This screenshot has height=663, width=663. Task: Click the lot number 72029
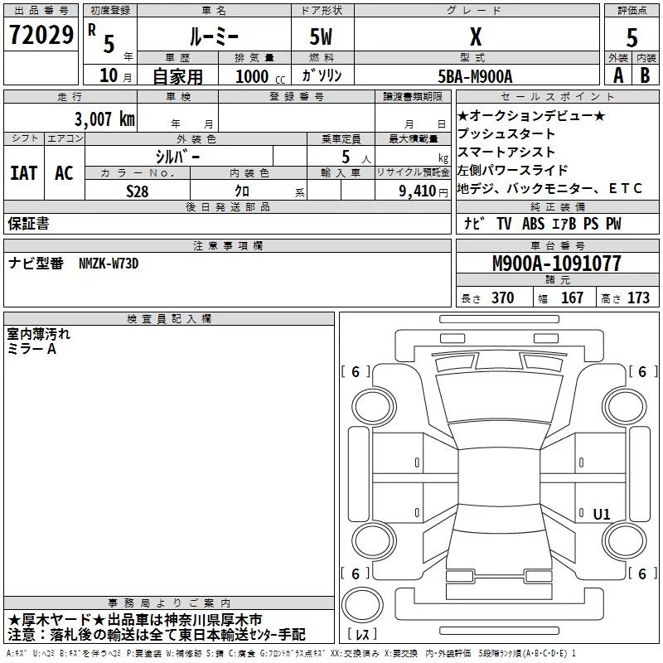click(41, 36)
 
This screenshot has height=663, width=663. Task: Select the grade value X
click(475, 36)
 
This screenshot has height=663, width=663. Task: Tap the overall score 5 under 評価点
click(632, 37)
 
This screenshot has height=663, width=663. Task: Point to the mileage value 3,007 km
click(104, 119)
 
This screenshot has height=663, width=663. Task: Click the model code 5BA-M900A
click(475, 75)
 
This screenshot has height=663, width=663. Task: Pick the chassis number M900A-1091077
click(556, 264)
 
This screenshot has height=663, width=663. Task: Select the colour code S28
click(138, 190)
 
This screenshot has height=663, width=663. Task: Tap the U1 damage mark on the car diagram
click(602, 515)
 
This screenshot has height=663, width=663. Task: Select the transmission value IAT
click(23, 172)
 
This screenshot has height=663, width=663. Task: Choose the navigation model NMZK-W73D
click(109, 264)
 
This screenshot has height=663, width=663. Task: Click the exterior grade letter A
click(617, 75)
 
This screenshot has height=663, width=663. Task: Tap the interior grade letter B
click(646, 75)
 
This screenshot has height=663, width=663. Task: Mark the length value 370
click(502, 298)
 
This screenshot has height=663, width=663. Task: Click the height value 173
click(638, 298)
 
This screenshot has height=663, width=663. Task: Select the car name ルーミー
click(214, 36)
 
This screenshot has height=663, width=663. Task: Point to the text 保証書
click(28, 223)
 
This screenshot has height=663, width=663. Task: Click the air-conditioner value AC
click(64, 172)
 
